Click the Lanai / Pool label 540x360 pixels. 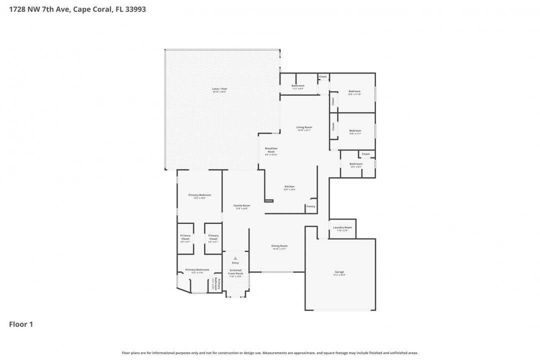(219, 89)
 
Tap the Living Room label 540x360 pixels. (304, 127)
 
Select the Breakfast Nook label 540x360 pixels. (271, 149)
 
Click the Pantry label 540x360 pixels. (310, 206)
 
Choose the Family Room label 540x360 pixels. (242, 205)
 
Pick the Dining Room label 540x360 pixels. (279, 246)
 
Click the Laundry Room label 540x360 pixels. (342, 227)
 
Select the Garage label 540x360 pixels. (339, 272)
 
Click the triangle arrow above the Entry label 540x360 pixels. (235, 258)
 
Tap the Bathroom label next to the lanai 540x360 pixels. (298, 85)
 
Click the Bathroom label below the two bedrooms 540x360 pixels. (356, 164)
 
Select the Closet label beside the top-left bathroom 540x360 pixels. (323, 76)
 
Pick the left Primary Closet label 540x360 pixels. (185, 237)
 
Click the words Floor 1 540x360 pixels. (21, 324)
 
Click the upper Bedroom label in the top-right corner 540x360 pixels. (354, 91)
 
